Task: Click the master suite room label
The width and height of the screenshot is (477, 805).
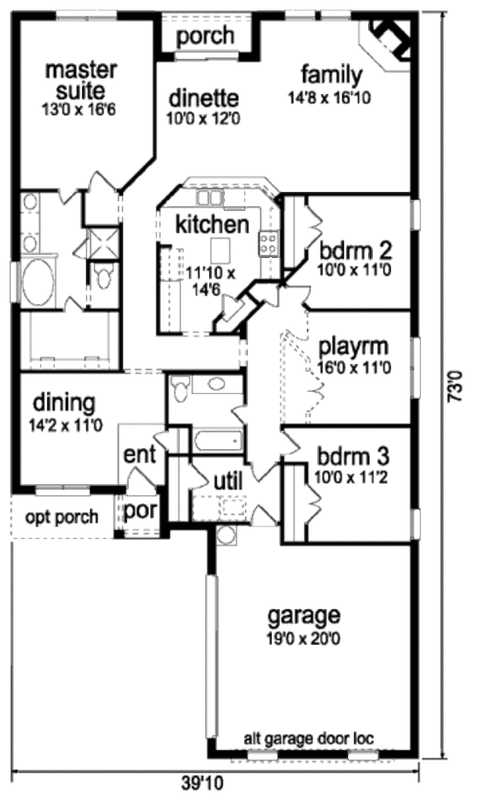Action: point(80,80)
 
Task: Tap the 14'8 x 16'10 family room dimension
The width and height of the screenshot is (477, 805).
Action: point(329,98)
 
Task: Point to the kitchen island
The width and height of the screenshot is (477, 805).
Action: point(219,249)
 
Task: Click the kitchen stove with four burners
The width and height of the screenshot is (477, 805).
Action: point(269,244)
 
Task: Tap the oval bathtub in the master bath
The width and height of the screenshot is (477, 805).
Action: point(38,281)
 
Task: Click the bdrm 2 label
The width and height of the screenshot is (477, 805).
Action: point(355,251)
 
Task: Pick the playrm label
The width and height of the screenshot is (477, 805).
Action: point(354,348)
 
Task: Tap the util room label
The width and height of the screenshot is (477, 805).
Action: point(228,482)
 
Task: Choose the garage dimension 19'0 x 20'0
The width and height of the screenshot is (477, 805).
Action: point(304,639)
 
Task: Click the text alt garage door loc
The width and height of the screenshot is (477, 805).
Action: point(308,739)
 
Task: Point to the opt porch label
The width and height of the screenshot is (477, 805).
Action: point(61,517)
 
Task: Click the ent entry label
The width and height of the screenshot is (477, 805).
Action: point(139,455)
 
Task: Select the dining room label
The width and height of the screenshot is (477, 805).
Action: point(64,404)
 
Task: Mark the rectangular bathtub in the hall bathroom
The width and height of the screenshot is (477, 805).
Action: point(218,440)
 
